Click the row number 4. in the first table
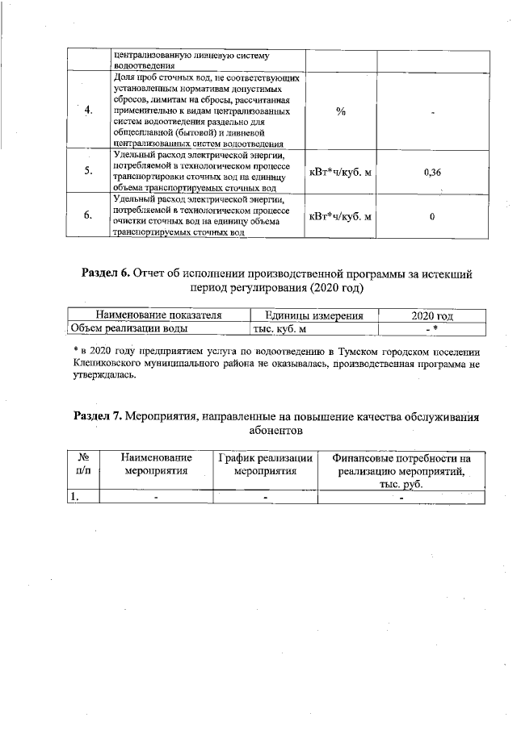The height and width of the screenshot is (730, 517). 88,111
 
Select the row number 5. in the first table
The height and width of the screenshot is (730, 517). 88,171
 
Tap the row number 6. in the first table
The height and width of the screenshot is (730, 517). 88,215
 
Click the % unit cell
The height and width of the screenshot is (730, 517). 340,111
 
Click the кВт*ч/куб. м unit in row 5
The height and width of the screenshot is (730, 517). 340,172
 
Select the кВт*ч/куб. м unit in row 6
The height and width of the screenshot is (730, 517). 340,216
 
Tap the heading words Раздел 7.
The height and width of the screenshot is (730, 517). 98,416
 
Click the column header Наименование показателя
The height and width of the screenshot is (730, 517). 158,315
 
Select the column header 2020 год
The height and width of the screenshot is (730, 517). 432,315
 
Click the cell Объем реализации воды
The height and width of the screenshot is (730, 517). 129,328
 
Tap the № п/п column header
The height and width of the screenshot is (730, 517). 82,464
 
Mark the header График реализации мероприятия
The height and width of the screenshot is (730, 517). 265,464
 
